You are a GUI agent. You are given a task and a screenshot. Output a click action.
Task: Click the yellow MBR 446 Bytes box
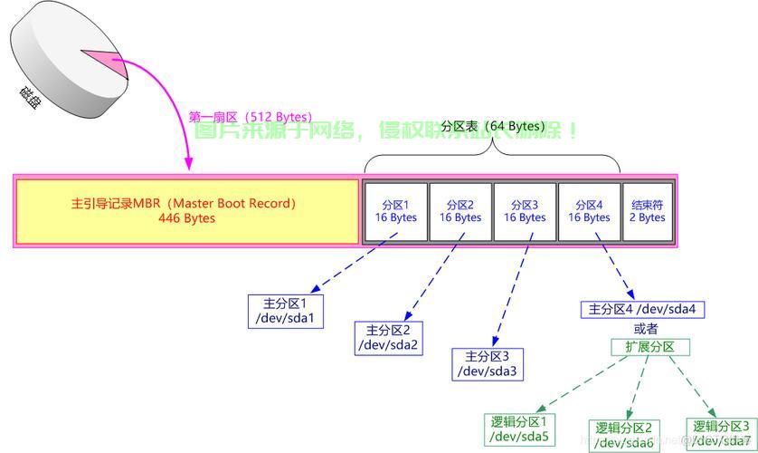tap(187, 211)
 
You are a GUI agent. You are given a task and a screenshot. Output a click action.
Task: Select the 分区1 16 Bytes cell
tap(395, 211)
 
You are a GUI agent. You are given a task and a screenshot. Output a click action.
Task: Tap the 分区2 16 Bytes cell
tap(460, 211)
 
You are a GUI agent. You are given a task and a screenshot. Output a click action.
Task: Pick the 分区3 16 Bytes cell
tap(525, 211)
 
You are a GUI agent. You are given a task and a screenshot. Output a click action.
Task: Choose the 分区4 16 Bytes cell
tap(589, 211)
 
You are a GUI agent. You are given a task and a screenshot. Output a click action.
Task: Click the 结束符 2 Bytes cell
tap(648, 211)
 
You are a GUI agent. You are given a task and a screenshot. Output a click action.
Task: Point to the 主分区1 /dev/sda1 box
tap(286, 311)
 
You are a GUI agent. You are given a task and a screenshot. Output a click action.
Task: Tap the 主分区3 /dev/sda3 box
tap(488, 363)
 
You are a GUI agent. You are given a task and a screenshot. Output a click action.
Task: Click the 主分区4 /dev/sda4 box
tap(642, 309)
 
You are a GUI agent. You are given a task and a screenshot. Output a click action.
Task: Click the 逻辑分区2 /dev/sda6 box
tap(624, 435)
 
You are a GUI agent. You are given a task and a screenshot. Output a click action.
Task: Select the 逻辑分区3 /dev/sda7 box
tap(721, 433)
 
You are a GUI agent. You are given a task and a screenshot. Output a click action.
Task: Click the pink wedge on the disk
tap(101, 63)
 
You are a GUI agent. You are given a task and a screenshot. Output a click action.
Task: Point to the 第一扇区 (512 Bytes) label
tap(250, 117)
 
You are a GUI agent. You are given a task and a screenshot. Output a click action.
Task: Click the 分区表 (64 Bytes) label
tap(491, 127)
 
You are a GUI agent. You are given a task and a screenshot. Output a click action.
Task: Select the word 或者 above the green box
tap(646, 328)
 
